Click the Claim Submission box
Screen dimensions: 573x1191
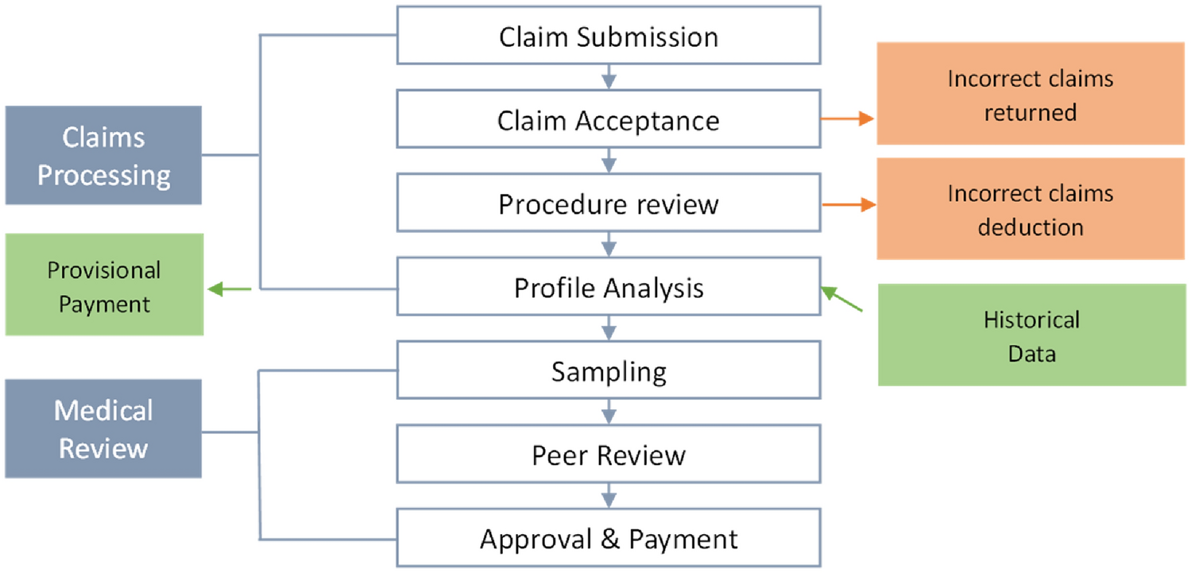(x=609, y=36)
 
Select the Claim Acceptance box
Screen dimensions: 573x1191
(x=609, y=120)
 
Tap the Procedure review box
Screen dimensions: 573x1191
(x=609, y=203)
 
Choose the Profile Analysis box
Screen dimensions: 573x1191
(x=609, y=287)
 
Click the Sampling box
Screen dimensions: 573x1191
(x=609, y=371)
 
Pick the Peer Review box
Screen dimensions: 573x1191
(x=609, y=455)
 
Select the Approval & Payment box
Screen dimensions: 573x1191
(x=609, y=538)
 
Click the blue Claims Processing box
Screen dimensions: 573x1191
(x=103, y=156)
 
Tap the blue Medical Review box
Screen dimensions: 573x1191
(x=103, y=429)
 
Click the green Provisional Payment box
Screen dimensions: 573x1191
(x=103, y=286)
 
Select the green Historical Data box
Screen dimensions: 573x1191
(x=1031, y=335)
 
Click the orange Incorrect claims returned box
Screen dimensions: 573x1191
(x=1031, y=95)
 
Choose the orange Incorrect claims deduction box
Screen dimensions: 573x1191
(x=1031, y=210)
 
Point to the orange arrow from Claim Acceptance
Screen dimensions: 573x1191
(x=848, y=119)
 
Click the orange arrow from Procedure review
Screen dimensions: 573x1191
(x=848, y=204)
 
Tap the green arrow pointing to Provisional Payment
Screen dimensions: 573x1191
(x=229, y=289)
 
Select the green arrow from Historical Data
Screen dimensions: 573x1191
(x=841, y=300)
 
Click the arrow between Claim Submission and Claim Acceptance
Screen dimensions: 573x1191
(x=609, y=77)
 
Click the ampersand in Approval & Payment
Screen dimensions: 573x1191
(x=609, y=539)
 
